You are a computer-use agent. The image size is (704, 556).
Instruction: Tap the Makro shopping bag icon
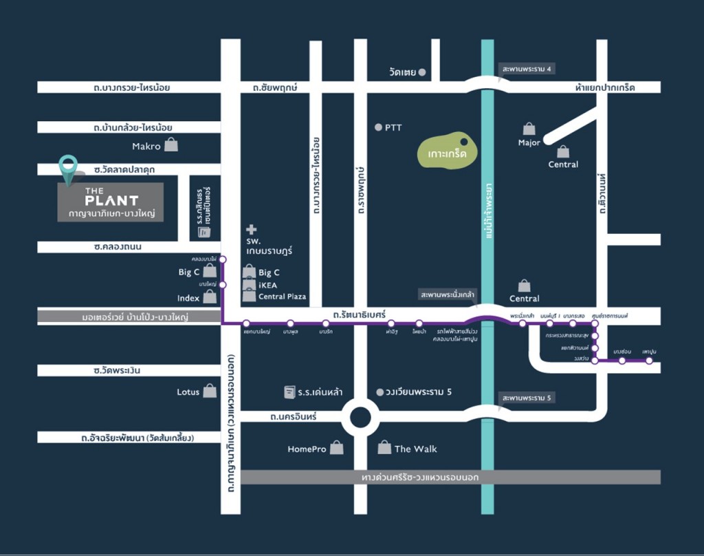coord(171,145)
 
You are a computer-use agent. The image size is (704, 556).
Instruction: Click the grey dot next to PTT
coord(377,127)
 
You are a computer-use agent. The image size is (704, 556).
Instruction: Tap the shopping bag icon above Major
coord(529,129)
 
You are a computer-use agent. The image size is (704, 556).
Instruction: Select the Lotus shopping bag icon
coord(210,392)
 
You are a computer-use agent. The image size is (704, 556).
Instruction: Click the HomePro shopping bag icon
coord(336,449)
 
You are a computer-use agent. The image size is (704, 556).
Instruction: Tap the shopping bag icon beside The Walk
coord(384,448)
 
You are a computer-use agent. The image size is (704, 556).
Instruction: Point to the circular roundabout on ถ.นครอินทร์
coord(362,416)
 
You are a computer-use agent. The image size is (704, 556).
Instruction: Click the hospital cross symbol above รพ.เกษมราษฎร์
coord(252,229)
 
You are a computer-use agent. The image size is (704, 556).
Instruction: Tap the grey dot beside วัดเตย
coord(422,72)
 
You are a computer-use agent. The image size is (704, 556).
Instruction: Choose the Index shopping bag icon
coord(210,297)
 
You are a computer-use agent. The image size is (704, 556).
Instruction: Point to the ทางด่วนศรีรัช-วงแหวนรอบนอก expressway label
coord(420,477)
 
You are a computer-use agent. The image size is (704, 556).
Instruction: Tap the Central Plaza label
coord(282,297)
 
